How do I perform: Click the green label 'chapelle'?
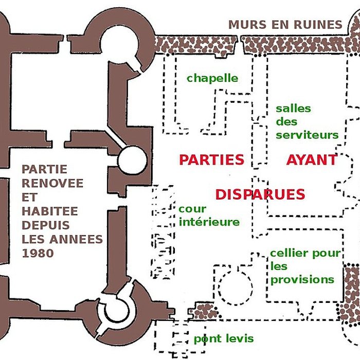pyautogui.click(x=212, y=78)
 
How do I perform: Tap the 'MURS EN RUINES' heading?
pyautogui.click(x=285, y=24)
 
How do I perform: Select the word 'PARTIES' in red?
pyautogui.click(x=211, y=159)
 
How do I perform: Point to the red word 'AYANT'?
pyautogui.click(x=312, y=159)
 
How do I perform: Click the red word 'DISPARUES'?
pyautogui.click(x=260, y=195)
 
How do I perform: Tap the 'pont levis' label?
pyautogui.click(x=223, y=339)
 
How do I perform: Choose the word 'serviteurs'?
pyautogui.click(x=307, y=135)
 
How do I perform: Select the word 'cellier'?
pyautogui.click(x=289, y=253)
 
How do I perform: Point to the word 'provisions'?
pyautogui.click(x=302, y=280)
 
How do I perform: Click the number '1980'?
pyautogui.click(x=39, y=253)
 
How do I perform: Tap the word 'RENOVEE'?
pyautogui.click(x=52, y=183)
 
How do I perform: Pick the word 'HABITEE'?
pyautogui.click(x=49, y=211)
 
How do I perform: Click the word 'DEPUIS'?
pyautogui.click(x=46, y=225)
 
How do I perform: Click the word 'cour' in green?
pyautogui.click(x=192, y=209)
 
